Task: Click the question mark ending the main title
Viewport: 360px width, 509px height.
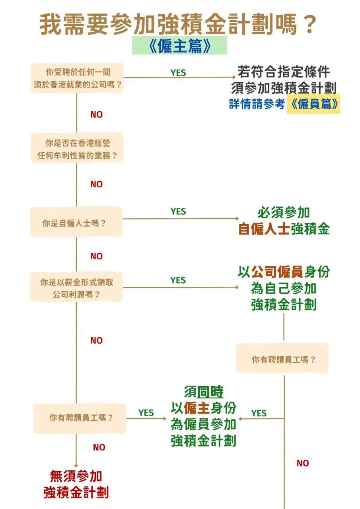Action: [x=309, y=25]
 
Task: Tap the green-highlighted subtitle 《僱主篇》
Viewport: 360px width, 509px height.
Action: [x=179, y=45]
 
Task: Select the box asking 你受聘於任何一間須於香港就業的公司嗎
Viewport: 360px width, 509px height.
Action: [x=77, y=78]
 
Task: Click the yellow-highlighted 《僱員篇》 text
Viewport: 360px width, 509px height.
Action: [x=313, y=104]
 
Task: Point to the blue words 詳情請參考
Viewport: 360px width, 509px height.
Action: [x=257, y=104]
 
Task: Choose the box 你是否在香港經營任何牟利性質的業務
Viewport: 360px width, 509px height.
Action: [x=77, y=148]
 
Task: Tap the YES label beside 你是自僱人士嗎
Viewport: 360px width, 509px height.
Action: [x=178, y=211]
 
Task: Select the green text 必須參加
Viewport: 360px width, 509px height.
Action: [x=284, y=213]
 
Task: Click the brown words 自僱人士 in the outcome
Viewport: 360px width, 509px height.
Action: [x=264, y=229]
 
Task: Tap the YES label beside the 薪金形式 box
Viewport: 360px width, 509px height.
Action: [x=178, y=280]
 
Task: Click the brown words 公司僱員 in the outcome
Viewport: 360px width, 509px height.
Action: [x=277, y=272]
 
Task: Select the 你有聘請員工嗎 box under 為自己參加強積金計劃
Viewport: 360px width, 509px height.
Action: [x=282, y=359]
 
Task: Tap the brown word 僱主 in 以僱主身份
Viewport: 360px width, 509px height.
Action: [x=197, y=408]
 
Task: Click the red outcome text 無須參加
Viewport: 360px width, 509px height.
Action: [x=76, y=476]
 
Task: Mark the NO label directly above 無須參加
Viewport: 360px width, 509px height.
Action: [x=99, y=447]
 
